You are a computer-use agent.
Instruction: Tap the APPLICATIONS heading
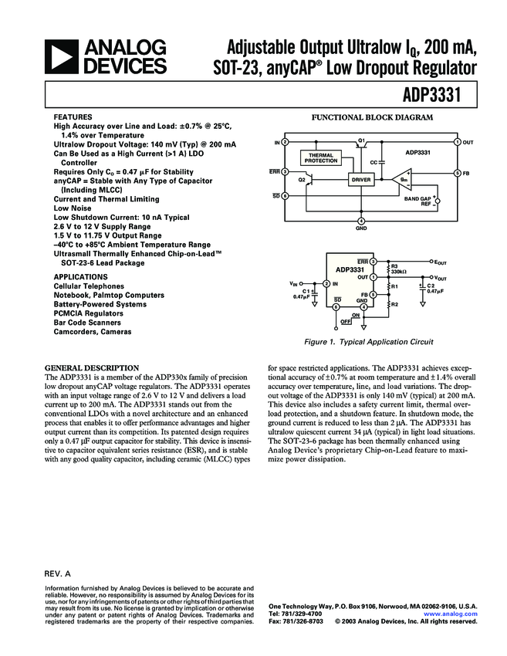80,276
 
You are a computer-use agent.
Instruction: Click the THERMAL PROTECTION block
320,158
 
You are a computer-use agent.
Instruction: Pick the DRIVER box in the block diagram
360,179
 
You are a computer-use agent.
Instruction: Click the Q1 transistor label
360,140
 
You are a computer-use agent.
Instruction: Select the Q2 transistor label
303,179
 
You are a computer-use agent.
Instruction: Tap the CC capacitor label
373,162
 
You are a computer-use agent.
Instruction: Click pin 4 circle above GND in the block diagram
361,221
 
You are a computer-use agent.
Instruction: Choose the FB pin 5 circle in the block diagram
457,173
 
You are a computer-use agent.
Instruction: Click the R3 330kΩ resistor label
399,269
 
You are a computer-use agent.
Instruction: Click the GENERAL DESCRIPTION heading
92,367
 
